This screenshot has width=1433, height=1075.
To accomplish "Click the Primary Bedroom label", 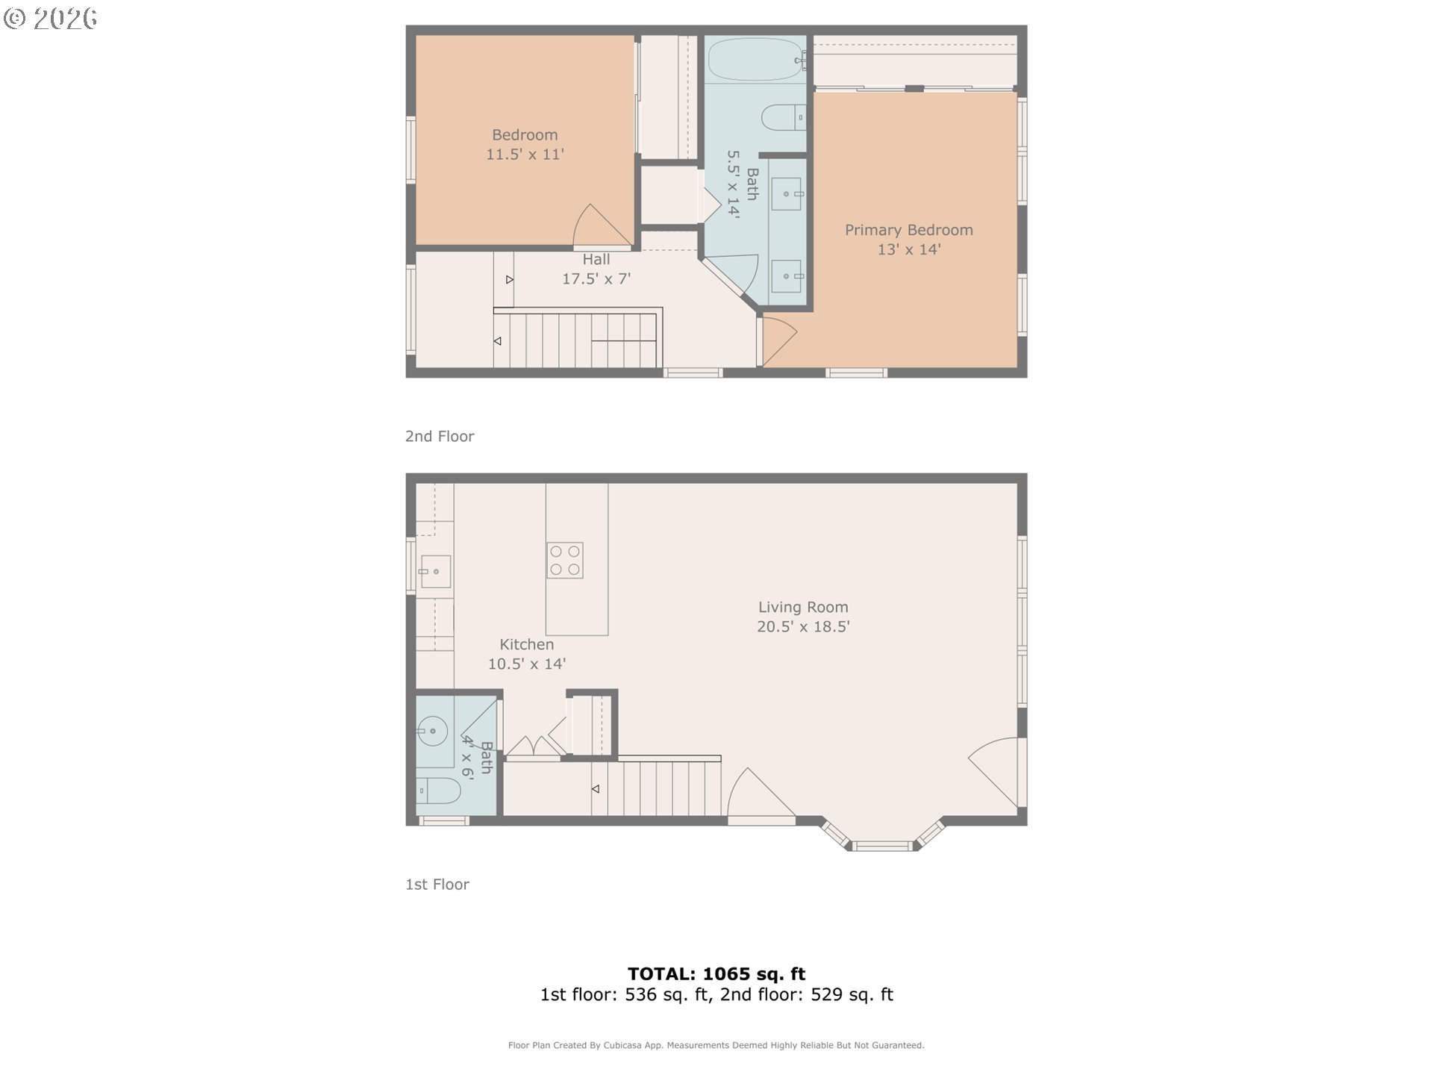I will tap(908, 230).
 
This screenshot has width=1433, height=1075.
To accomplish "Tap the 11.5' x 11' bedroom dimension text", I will tap(525, 155).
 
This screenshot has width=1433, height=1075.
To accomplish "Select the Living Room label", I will tap(803, 607).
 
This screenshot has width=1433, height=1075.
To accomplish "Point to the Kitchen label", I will tap(526, 644).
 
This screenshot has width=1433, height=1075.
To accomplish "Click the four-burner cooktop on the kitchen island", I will tap(565, 561).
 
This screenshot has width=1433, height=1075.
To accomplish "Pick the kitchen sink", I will tap(435, 572).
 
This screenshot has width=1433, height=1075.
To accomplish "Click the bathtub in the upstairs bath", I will tap(755, 60).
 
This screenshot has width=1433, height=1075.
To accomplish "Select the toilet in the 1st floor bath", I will tap(438, 790).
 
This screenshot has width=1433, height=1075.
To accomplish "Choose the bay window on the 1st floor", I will tap(882, 842).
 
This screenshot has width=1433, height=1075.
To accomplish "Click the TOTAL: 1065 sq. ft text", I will tap(716, 973).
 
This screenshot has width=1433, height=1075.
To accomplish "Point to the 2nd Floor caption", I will tap(440, 436).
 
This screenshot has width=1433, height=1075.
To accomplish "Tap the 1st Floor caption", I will tap(437, 884).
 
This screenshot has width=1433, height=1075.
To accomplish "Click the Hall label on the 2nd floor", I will tap(596, 259).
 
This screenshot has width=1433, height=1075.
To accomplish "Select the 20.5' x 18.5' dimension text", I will tap(803, 626).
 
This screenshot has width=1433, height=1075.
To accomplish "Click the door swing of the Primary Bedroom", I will tap(778, 340).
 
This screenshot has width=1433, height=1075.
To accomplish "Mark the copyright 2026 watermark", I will tap(51, 19).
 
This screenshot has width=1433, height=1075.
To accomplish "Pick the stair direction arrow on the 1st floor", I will tap(596, 788).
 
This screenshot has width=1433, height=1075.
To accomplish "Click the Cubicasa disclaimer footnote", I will tap(716, 1045).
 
